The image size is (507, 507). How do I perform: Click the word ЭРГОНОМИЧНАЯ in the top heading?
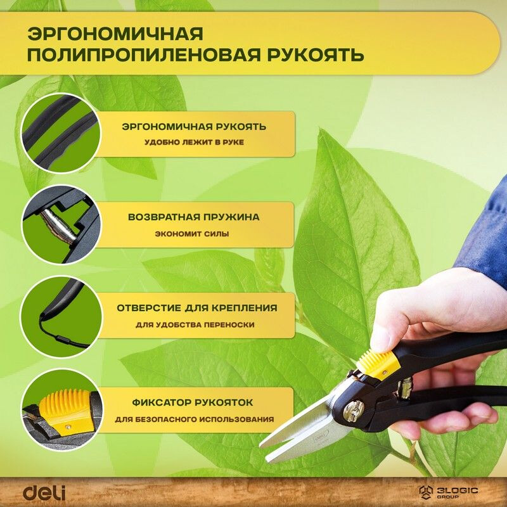[x=115, y=33]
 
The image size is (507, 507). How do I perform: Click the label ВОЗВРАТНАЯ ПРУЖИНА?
[x=193, y=217]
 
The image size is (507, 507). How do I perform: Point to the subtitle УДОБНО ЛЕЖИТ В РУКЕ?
[x=193, y=143]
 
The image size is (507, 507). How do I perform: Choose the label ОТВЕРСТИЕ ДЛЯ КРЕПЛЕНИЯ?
[x=196, y=308]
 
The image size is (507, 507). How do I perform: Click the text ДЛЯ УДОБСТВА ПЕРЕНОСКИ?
[x=195, y=324]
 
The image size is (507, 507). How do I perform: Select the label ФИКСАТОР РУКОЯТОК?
[x=193, y=402]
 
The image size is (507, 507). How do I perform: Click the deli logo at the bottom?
[x=44, y=492]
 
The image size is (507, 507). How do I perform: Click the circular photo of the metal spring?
[x=60, y=225]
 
